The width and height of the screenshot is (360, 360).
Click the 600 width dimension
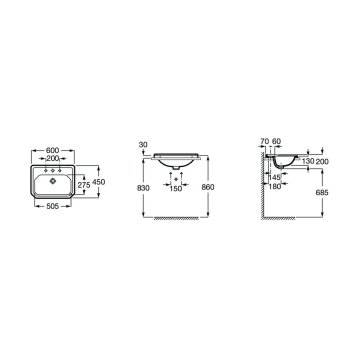pyautogui.click(x=52, y=150)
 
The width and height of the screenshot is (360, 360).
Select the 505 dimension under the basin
pyautogui.click(x=52, y=206)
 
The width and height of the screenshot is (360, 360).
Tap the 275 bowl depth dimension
pyautogui.click(x=84, y=185)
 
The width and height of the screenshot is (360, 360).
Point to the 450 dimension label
pyautogui.click(x=98, y=182)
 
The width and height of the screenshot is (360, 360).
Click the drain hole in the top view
pyautogui.click(x=53, y=181)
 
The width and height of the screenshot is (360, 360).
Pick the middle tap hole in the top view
pyautogui.click(x=53, y=170)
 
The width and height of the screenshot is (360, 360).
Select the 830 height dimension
pyautogui.click(x=143, y=188)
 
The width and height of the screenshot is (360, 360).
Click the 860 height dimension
pyautogui.click(x=208, y=187)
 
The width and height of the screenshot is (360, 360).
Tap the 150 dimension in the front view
pyautogui.click(x=175, y=188)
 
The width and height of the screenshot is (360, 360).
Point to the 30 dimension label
pyautogui.click(x=143, y=144)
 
